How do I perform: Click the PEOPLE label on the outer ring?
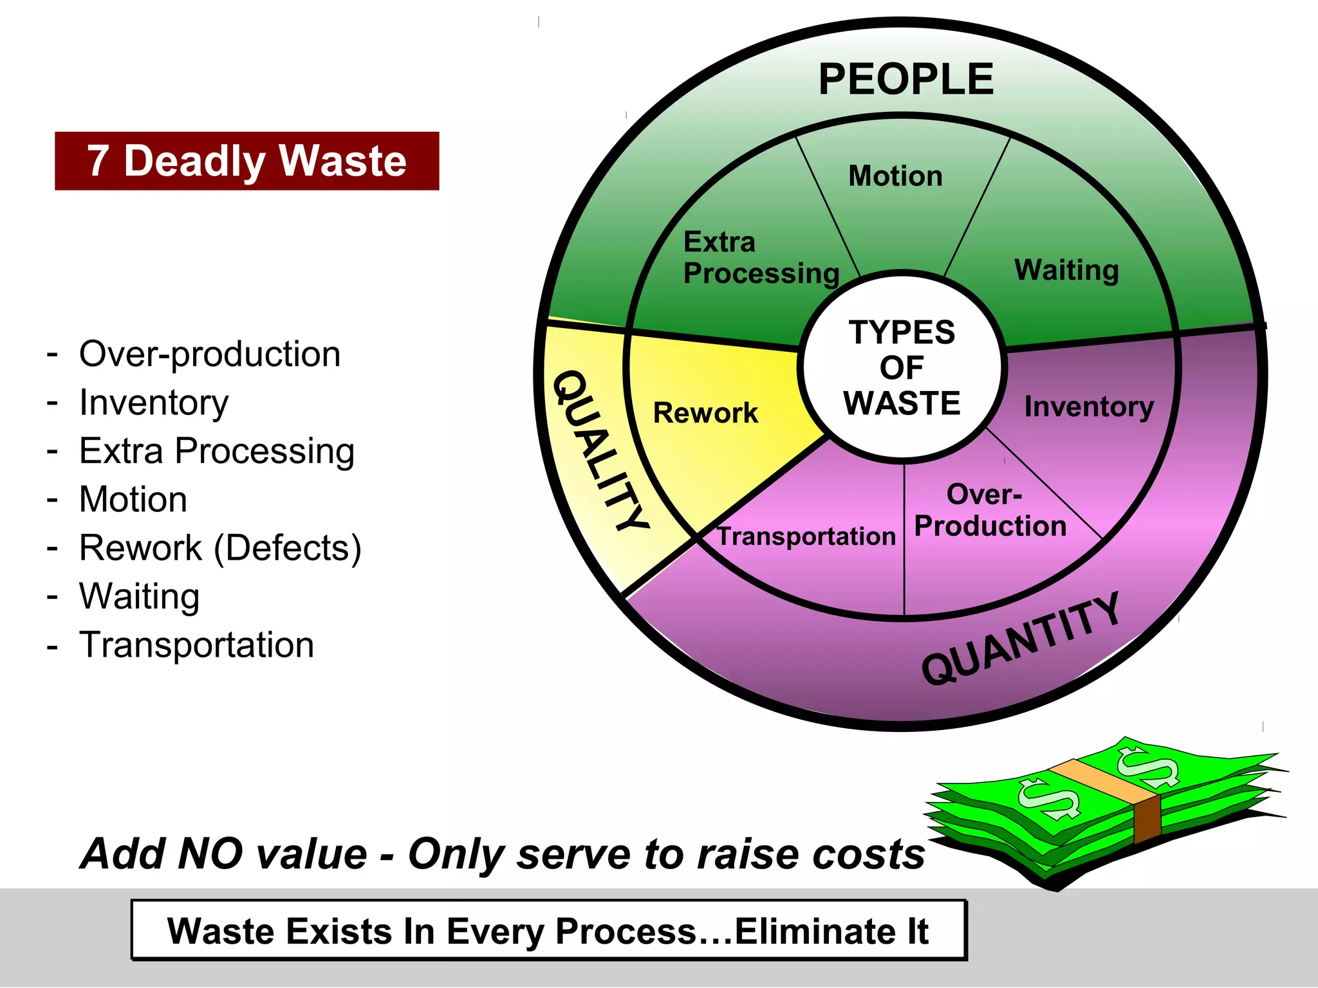[906, 80]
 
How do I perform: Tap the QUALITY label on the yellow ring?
[601, 450]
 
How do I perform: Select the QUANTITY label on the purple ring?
[1021, 639]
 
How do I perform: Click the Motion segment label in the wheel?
[895, 176]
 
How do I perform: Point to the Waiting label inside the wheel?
[1066, 270]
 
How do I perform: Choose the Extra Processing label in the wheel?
[761, 258]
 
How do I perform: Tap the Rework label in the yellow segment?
[705, 413]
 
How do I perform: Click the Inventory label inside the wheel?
[1089, 407]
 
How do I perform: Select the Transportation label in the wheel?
[806, 536]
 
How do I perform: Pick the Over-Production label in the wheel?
[990, 511]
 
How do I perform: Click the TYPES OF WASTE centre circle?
[902, 367]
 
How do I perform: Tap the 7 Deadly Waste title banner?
[247, 161]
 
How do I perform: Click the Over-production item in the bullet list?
[210, 354]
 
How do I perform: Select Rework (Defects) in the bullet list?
[220, 548]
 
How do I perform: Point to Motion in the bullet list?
[133, 499]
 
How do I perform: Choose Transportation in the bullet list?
[196, 645]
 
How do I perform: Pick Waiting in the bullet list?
[139, 596]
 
